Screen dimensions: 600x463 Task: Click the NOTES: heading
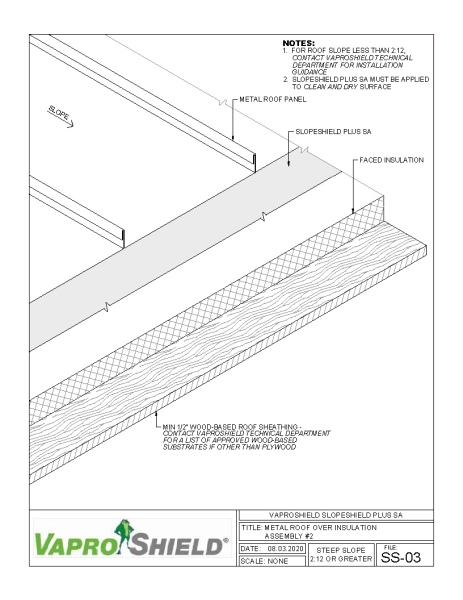click(300, 44)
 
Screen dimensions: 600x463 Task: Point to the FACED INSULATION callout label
click(393, 160)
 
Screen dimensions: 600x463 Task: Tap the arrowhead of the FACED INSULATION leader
click(355, 211)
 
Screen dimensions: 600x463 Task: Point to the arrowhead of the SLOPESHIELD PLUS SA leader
click(290, 165)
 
